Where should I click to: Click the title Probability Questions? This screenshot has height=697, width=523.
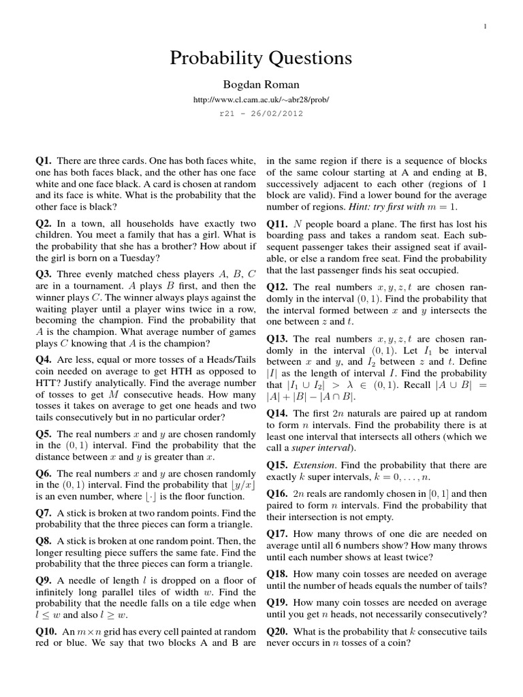click(x=261, y=59)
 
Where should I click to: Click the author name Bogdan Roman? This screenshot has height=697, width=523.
click(x=261, y=84)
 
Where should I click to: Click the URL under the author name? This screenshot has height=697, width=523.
click(x=261, y=99)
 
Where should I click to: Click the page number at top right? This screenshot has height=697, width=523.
click(x=485, y=27)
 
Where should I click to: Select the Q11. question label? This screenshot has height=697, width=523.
click(x=278, y=223)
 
